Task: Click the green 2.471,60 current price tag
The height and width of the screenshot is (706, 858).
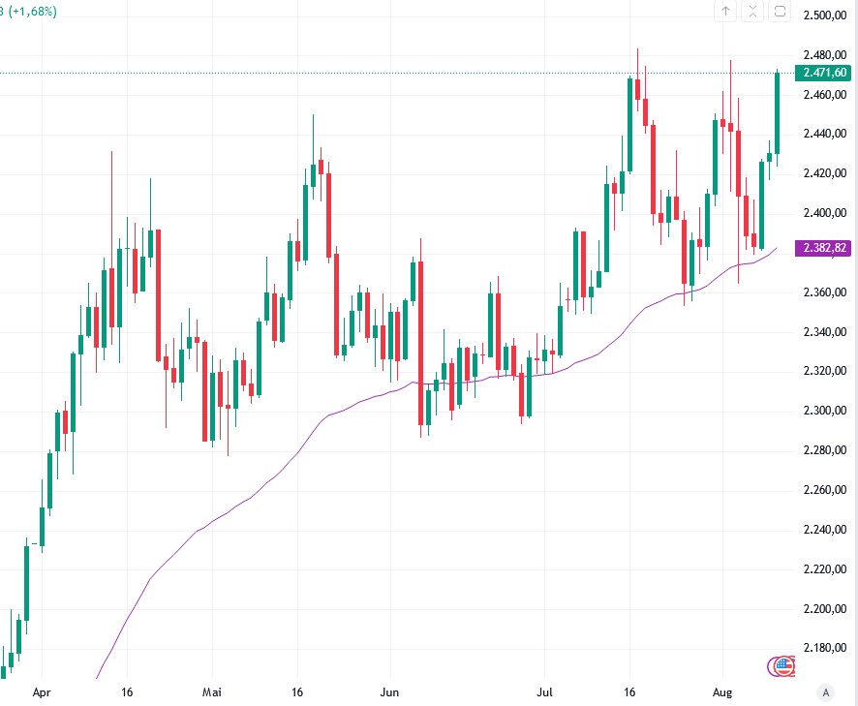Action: [823, 73]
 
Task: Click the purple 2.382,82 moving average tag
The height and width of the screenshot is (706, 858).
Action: [823, 248]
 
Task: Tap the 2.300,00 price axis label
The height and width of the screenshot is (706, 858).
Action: [827, 411]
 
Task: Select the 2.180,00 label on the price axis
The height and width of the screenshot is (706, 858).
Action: [827, 648]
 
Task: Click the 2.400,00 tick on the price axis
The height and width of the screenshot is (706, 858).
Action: [827, 213]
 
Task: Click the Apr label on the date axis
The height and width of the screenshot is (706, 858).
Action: [41, 693]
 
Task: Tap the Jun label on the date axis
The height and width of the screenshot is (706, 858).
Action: [388, 693]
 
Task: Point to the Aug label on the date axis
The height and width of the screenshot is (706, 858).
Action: [722, 693]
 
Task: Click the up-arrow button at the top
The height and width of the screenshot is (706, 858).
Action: [726, 12]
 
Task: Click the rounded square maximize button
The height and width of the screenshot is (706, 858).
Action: [781, 12]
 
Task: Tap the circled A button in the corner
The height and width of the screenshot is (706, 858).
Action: [825, 692]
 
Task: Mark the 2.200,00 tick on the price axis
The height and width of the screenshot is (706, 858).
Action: [827, 608]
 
